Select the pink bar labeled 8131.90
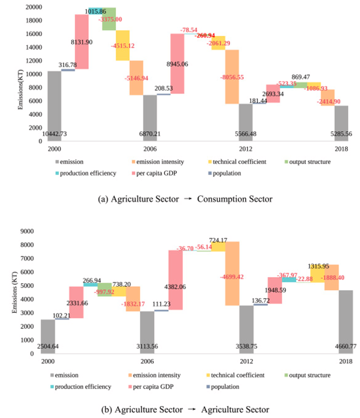click(x=82, y=42)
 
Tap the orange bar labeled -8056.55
click(x=232, y=77)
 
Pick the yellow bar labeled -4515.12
click(x=122, y=45)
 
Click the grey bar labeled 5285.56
click(x=341, y=123)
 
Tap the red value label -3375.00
click(x=110, y=19)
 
